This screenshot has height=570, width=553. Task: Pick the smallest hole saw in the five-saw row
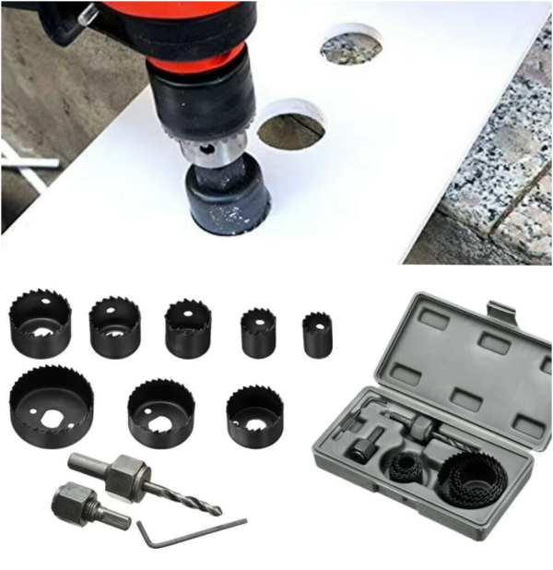(x=317, y=335)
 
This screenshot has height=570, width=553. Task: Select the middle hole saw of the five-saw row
(x=188, y=328)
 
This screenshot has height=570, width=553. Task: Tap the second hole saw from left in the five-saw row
(x=114, y=327)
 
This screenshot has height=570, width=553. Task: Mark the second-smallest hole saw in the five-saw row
(x=258, y=333)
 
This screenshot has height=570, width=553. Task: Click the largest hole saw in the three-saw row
(x=51, y=406)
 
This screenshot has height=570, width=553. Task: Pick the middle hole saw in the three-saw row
(x=161, y=413)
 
